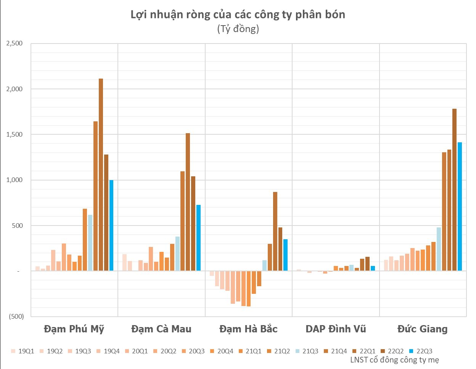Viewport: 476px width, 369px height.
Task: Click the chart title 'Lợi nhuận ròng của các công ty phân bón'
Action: click(x=238, y=15)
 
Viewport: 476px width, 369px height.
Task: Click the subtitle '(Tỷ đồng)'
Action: click(x=238, y=29)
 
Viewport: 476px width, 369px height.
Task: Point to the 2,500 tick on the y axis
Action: click(x=14, y=44)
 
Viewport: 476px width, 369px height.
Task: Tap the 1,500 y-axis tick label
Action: click(x=14, y=135)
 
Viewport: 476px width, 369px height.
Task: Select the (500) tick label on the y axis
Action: click(x=16, y=316)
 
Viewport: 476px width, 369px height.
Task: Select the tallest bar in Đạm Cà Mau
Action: click(x=188, y=202)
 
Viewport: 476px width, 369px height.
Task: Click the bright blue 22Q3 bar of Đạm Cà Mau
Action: click(x=198, y=238)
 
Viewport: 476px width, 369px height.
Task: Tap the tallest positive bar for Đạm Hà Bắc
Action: click(x=275, y=231)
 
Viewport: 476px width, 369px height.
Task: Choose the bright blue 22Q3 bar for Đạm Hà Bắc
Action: click(x=285, y=255)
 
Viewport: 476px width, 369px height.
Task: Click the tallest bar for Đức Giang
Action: click(x=454, y=190)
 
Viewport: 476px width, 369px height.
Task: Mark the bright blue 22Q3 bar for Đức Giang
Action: click(x=460, y=206)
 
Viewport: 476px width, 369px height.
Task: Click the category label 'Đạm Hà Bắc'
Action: click(x=248, y=329)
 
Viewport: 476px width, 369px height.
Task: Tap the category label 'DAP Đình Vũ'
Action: click(x=336, y=329)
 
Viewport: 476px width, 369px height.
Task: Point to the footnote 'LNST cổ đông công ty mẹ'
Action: click(x=394, y=360)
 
